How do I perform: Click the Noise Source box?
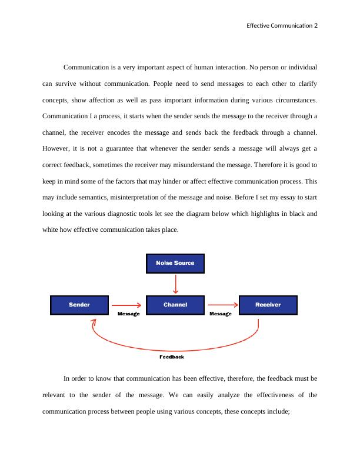[x=175, y=263]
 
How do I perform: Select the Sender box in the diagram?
[x=79, y=305]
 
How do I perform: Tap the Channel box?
[x=175, y=305]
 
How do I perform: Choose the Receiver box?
[x=268, y=305]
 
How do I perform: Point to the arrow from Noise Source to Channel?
[x=175, y=284]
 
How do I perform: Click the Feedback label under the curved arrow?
[x=172, y=357]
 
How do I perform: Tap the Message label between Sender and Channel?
[x=128, y=314]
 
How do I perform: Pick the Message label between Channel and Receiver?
[x=221, y=314]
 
